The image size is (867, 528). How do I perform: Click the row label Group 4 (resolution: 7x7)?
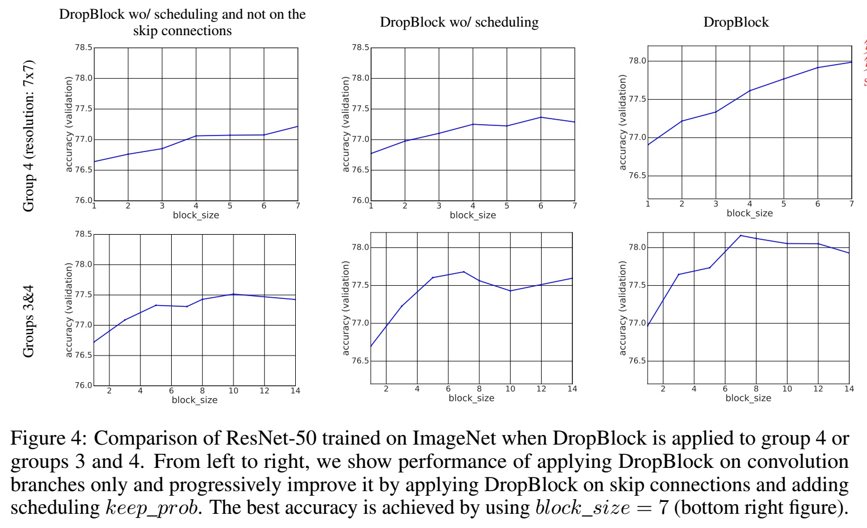pyautogui.click(x=28, y=136)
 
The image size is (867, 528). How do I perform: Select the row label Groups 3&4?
pyautogui.click(x=28, y=321)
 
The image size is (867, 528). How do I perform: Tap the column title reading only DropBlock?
pyautogui.click(x=736, y=22)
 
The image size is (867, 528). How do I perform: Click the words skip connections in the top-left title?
pyautogui.click(x=182, y=31)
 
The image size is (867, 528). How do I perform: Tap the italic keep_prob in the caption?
pyautogui.click(x=152, y=507)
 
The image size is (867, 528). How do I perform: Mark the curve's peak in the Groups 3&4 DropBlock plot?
pyautogui.click(x=741, y=235)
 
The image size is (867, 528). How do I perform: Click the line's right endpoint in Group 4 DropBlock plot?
pyautogui.click(x=851, y=62)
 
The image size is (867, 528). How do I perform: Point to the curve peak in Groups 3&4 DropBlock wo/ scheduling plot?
pyautogui.click(x=464, y=272)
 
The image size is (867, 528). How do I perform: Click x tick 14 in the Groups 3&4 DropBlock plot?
pyautogui.click(x=849, y=389)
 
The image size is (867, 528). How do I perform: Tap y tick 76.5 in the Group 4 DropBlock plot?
pyautogui.click(x=637, y=176)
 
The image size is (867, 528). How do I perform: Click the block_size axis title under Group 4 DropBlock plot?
pyautogui.click(x=749, y=213)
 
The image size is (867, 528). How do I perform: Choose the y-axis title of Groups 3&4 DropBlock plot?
pyautogui.click(x=623, y=308)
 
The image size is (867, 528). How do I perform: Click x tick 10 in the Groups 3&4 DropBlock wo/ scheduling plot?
pyautogui.click(x=510, y=389)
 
